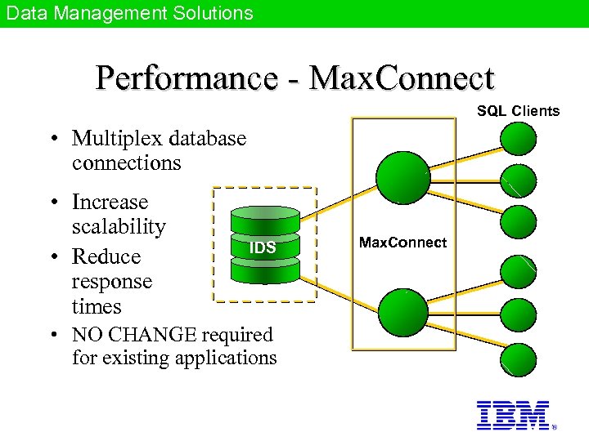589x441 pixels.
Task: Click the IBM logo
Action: tap(513, 415)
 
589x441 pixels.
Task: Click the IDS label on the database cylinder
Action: tap(263, 247)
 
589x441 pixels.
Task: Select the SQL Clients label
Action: tap(518, 111)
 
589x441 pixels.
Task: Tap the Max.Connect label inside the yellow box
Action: tap(403, 243)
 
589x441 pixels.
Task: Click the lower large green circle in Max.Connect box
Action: tap(403, 313)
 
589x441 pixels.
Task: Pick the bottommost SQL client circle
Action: tap(519, 359)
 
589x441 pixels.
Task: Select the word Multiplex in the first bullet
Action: tap(115, 139)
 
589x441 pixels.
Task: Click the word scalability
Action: tap(119, 226)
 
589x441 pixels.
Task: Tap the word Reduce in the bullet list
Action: tap(106, 256)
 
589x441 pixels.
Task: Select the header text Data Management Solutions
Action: tap(130, 13)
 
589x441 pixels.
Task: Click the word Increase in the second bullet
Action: tap(110, 202)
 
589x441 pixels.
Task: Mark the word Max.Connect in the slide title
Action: tap(403, 78)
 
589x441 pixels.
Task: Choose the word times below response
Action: tap(97, 307)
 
